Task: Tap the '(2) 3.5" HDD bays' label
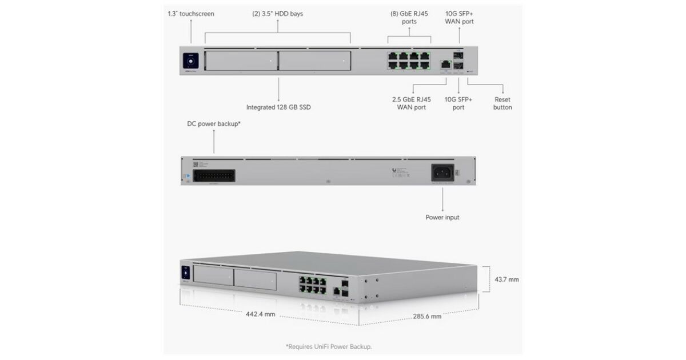(x=278, y=14)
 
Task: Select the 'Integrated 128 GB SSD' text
(x=278, y=107)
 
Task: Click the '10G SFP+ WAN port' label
(x=459, y=18)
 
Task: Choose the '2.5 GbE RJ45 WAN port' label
(x=412, y=103)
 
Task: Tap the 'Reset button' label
(x=502, y=103)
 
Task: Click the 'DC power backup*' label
(x=214, y=123)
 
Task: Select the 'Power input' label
(x=442, y=217)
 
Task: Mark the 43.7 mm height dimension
(x=506, y=279)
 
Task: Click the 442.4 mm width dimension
(x=261, y=314)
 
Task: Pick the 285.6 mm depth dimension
(x=427, y=316)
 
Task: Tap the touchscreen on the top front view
(x=190, y=59)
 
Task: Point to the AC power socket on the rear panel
(x=443, y=173)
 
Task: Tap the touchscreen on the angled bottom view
(x=186, y=273)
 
